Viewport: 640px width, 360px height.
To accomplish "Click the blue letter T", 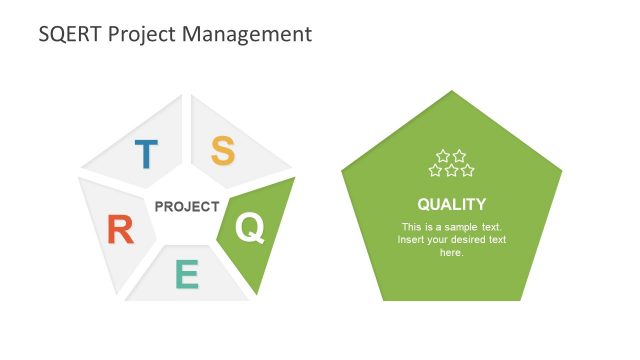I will coord(146,154).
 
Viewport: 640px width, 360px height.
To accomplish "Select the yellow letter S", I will coord(223,151).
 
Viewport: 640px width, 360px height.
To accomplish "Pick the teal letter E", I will coord(187,274).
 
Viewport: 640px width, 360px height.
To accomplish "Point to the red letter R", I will coord(120,231).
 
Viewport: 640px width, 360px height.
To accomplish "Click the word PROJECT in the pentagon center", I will coord(187,207).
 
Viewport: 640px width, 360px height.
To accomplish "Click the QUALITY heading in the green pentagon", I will coord(452,204).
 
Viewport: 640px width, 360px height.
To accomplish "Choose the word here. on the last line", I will coord(452,253).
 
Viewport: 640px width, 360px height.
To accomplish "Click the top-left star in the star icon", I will coord(444,156).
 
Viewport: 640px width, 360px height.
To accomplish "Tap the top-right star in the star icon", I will coord(460,156).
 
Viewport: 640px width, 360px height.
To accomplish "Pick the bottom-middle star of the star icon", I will coord(452,170).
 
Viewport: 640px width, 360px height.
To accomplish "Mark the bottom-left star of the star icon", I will coord(436,170).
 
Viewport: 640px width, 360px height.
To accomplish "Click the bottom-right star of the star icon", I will coord(468,170).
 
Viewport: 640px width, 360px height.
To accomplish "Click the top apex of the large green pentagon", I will coord(452,92).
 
